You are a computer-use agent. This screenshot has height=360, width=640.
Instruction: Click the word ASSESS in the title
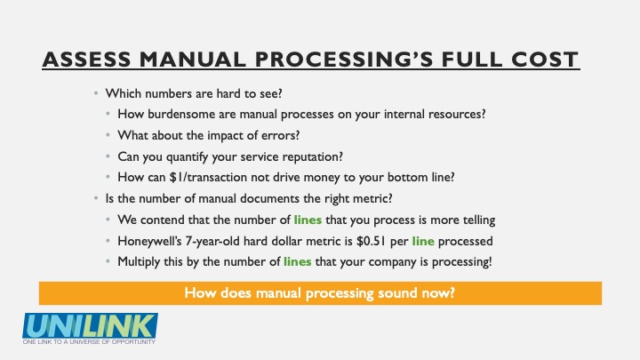point(86,60)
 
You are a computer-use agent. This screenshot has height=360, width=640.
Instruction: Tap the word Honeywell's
point(149,241)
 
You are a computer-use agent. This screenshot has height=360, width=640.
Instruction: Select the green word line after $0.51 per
point(423,241)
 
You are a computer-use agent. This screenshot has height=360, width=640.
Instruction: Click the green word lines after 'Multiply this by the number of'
point(297,261)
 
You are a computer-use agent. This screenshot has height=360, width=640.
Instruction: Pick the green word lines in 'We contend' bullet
point(308,220)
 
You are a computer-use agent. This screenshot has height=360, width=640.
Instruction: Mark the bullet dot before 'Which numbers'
point(96,93)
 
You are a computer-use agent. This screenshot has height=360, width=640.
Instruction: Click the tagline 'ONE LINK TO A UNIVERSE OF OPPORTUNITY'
point(89,341)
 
